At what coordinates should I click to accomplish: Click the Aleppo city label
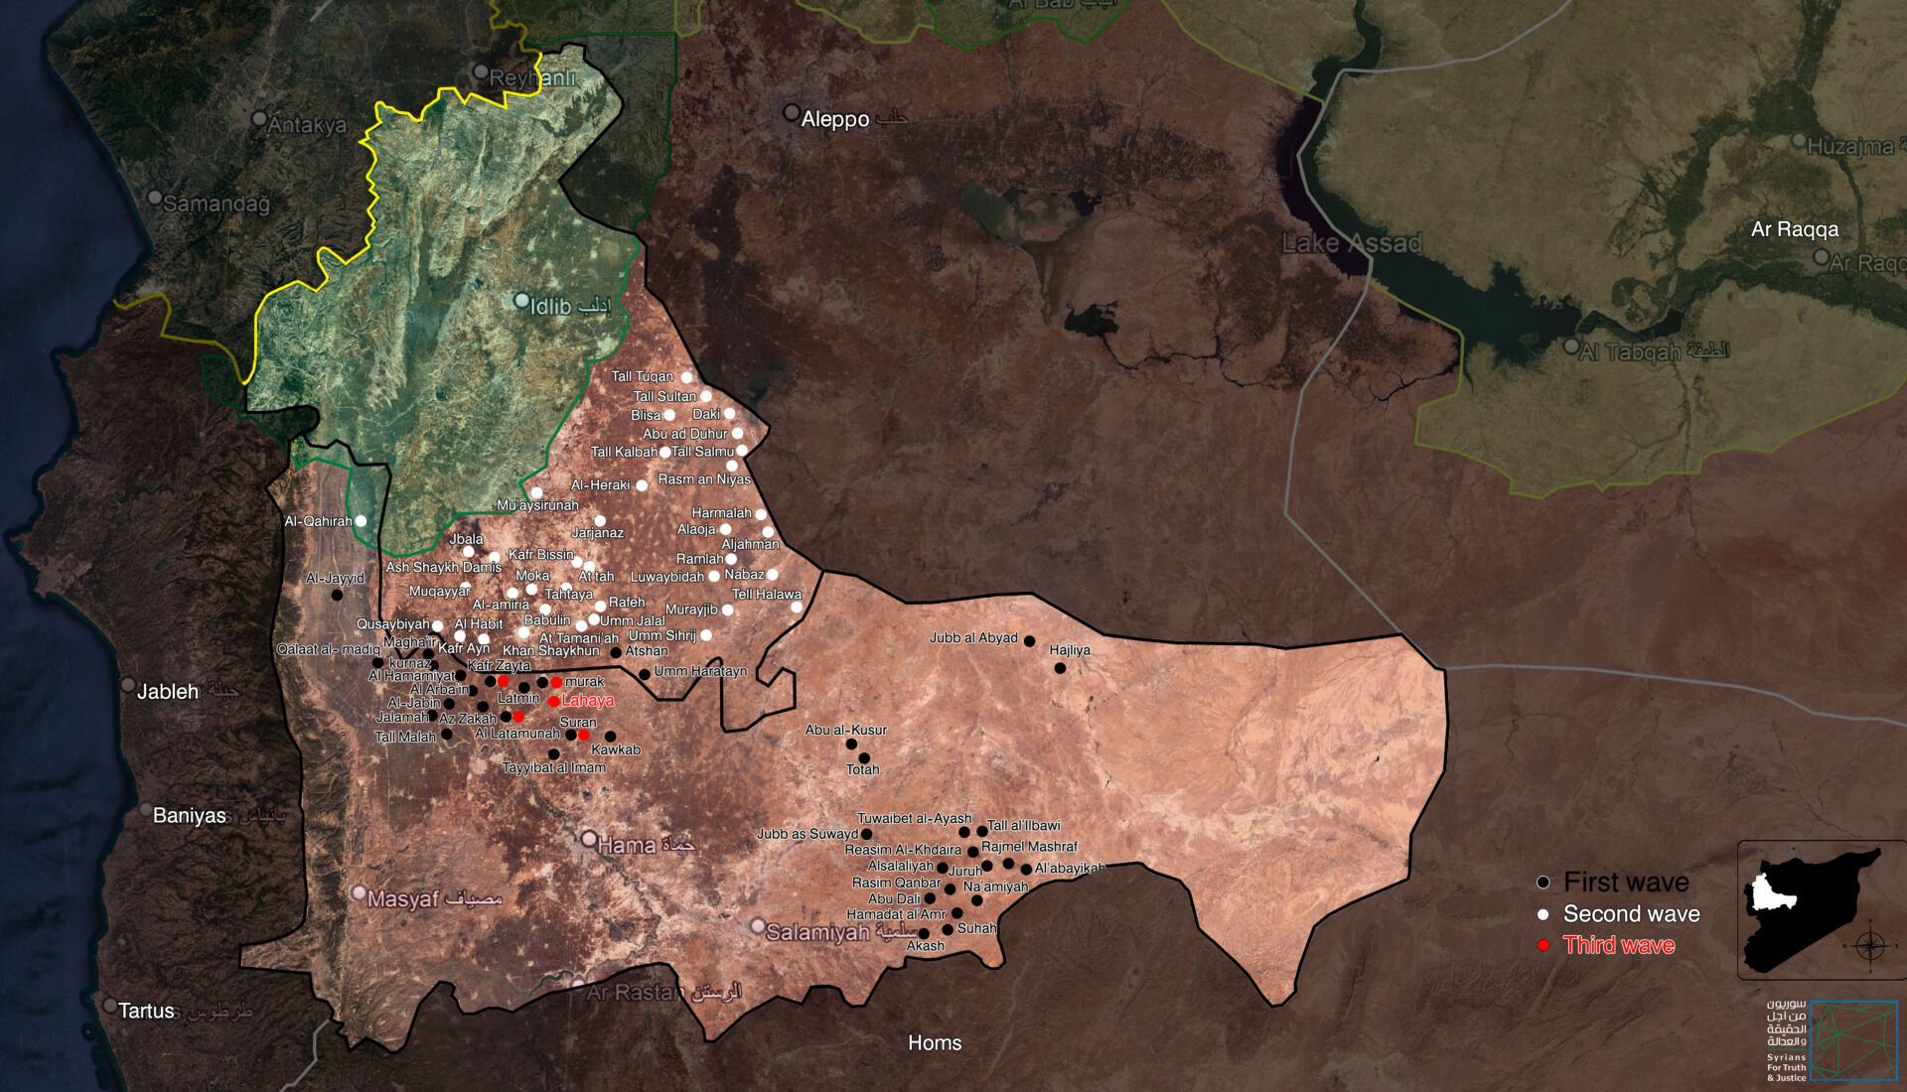pyautogui.click(x=834, y=119)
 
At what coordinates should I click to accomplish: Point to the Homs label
pyautogui.click(x=935, y=1042)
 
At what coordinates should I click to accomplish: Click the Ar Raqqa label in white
pyautogui.click(x=1794, y=229)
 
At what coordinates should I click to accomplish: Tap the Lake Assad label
pyautogui.click(x=1351, y=243)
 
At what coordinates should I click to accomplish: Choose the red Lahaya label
pyautogui.click(x=588, y=700)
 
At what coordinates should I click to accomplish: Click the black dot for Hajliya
pyautogui.click(x=1060, y=668)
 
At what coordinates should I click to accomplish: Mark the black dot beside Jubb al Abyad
pyautogui.click(x=1029, y=641)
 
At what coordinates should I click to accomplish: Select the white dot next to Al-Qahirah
pyautogui.click(x=361, y=520)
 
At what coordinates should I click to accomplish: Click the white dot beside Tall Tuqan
pyautogui.click(x=686, y=377)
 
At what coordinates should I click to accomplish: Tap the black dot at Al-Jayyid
pyautogui.click(x=337, y=595)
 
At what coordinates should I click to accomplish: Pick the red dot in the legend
pyautogui.click(x=1543, y=945)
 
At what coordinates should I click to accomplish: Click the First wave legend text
pyautogui.click(x=1626, y=882)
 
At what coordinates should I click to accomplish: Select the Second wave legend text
pyautogui.click(x=1631, y=913)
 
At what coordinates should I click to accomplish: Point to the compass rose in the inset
pyautogui.click(x=1870, y=945)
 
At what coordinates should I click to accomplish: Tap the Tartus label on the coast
pyautogui.click(x=146, y=1011)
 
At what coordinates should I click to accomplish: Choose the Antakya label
pyautogui.click(x=306, y=125)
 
